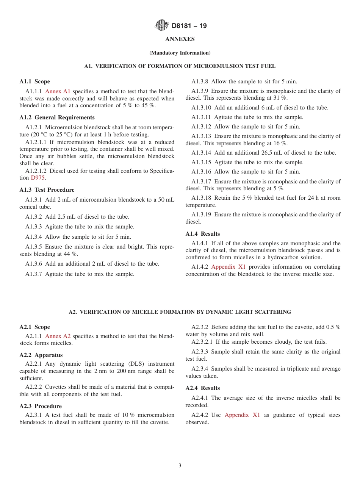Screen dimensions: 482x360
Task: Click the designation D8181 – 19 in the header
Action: coord(189,26)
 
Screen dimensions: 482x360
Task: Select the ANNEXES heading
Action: coord(180,39)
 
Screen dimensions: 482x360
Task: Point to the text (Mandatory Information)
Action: coord(180,53)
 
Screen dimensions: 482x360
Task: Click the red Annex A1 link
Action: coord(58,91)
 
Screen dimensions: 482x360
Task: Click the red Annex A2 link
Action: coord(58,336)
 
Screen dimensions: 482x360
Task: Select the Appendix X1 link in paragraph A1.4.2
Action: coord(228,267)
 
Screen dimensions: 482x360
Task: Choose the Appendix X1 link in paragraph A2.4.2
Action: coord(242,415)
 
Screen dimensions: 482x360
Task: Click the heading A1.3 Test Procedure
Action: coord(47,190)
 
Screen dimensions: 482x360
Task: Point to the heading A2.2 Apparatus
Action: coord(41,355)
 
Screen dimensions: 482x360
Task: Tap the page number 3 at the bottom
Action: coord(180,466)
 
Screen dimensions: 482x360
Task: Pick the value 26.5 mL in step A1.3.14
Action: coord(282,153)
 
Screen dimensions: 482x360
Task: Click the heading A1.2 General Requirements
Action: coord(57,117)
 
